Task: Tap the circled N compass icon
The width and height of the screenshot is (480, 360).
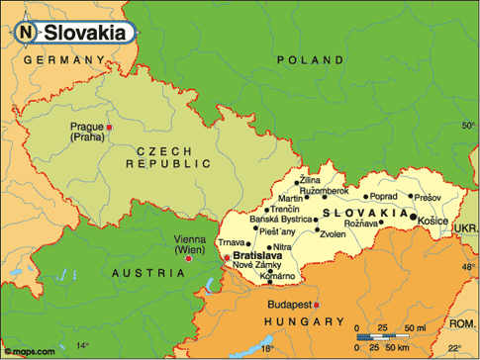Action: [x=26, y=32]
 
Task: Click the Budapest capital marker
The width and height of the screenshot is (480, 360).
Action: [x=316, y=305]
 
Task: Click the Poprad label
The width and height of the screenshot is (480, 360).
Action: [x=384, y=196]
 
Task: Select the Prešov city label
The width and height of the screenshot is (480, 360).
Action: [x=428, y=196]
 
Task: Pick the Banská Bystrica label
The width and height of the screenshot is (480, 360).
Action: [x=280, y=219]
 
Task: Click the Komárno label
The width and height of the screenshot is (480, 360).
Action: [x=278, y=277]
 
